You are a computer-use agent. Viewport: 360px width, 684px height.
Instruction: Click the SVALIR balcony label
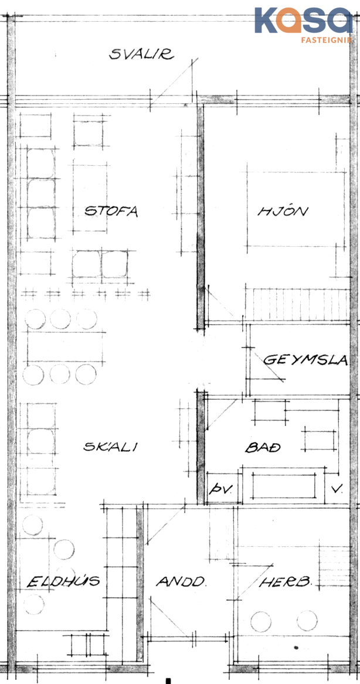pyautogui.click(x=141, y=54)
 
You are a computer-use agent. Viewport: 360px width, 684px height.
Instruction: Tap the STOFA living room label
pyautogui.click(x=111, y=212)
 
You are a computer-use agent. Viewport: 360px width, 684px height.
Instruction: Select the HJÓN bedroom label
pyautogui.click(x=283, y=212)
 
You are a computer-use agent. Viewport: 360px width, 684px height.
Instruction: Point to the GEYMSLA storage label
pyautogui.click(x=306, y=360)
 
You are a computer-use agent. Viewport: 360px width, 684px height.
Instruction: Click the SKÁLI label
pyautogui.click(x=110, y=447)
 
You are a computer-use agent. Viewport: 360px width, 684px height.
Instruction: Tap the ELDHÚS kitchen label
pyautogui.click(x=64, y=581)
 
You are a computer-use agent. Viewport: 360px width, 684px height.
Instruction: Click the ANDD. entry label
pyautogui.click(x=181, y=581)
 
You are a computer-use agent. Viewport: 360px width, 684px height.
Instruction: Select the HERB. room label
pyautogui.click(x=286, y=581)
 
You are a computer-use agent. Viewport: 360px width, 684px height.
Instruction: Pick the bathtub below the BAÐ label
pyautogui.click(x=284, y=486)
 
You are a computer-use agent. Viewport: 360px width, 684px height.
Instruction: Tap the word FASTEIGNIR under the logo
pyautogui.click(x=326, y=40)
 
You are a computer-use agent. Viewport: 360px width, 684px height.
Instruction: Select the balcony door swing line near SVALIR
pyautogui.click(x=174, y=80)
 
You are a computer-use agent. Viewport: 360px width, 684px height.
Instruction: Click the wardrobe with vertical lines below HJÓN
pyautogui.click(x=297, y=304)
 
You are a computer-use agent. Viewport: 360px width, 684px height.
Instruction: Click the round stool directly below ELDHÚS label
pyautogui.click(x=34, y=604)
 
